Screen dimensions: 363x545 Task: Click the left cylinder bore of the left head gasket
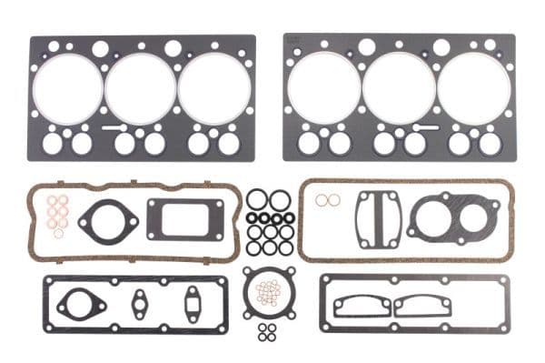pos(67,89)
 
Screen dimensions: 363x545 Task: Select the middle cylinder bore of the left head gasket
pos(140,89)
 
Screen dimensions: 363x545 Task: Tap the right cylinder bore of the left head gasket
pos(213,89)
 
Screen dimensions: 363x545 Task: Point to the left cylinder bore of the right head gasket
pos(324,89)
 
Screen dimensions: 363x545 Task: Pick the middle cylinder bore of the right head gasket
pos(399,89)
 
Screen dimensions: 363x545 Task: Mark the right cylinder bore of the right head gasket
pos(472,89)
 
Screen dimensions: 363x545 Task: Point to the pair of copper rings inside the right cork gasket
pos(329,200)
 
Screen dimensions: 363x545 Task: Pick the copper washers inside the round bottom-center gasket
pos(268,292)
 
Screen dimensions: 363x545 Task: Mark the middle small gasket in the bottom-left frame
pos(141,300)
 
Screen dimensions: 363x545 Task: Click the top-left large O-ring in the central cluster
pos(257,199)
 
